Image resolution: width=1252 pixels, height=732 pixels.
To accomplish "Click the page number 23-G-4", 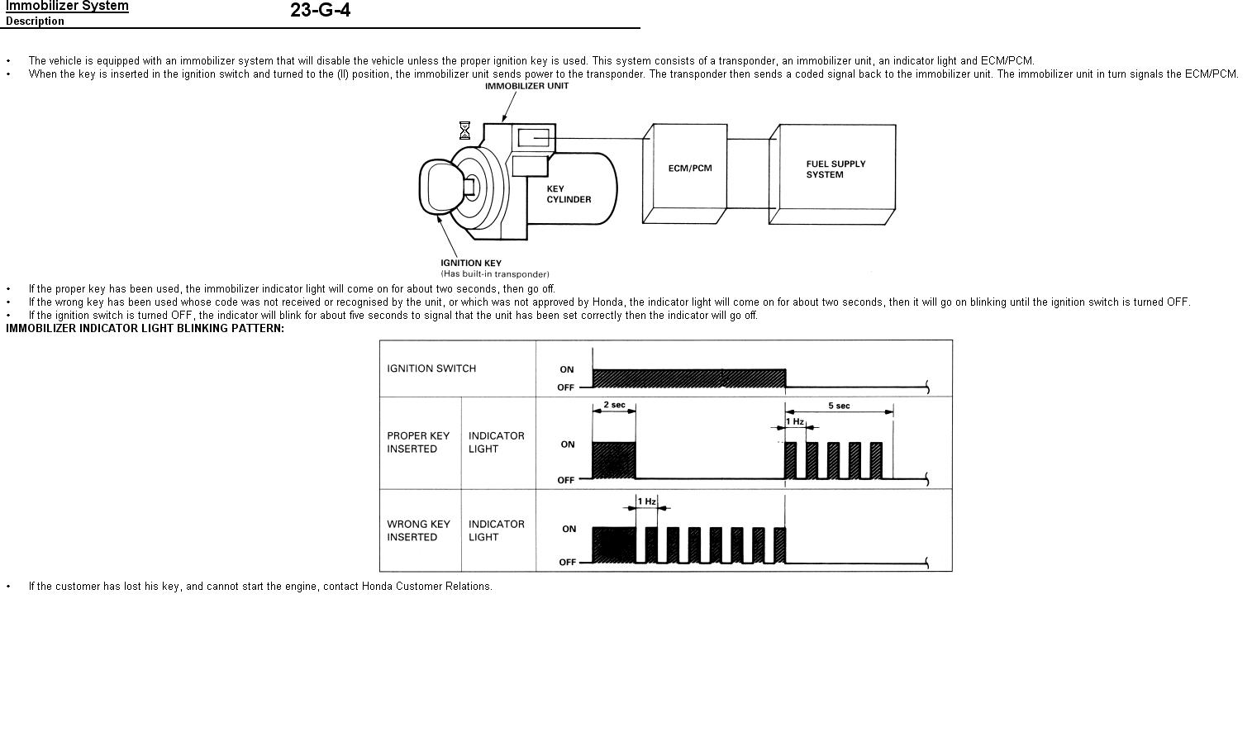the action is [x=321, y=10].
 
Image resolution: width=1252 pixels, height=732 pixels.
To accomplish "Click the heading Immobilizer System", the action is [x=67, y=6].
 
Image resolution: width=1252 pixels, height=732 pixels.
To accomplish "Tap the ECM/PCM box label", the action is [x=690, y=169].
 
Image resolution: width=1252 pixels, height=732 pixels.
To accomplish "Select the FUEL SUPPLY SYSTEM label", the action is [x=835, y=169].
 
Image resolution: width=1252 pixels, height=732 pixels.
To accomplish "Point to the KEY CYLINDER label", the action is [x=569, y=194].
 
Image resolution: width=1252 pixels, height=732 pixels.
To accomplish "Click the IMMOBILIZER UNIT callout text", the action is [x=526, y=86].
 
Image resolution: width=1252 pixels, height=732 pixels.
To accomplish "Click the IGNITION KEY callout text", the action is [x=471, y=264].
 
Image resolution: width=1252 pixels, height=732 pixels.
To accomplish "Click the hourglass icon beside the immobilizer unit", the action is [x=464, y=131].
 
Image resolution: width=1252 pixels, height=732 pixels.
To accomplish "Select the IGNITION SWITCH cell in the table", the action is [x=431, y=368].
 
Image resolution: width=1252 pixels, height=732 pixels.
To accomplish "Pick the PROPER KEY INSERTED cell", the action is [x=418, y=443].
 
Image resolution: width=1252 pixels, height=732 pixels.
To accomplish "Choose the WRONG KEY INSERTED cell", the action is [x=419, y=531].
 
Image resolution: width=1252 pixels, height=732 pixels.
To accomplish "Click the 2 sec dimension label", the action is [x=614, y=405].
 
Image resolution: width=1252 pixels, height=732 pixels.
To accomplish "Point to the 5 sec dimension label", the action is [x=839, y=406].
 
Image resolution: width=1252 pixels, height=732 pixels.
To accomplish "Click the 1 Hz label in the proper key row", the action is [x=795, y=421].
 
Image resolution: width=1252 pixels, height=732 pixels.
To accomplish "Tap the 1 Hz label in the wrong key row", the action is [x=647, y=501].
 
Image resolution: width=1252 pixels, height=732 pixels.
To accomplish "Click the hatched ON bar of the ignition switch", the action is [x=689, y=378].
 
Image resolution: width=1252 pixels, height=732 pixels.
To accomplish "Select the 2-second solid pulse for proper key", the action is [x=614, y=460].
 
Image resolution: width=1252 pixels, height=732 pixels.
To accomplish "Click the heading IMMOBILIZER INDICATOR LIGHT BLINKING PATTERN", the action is [x=145, y=329].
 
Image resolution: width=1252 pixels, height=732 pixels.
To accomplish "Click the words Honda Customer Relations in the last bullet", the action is [x=426, y=586].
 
